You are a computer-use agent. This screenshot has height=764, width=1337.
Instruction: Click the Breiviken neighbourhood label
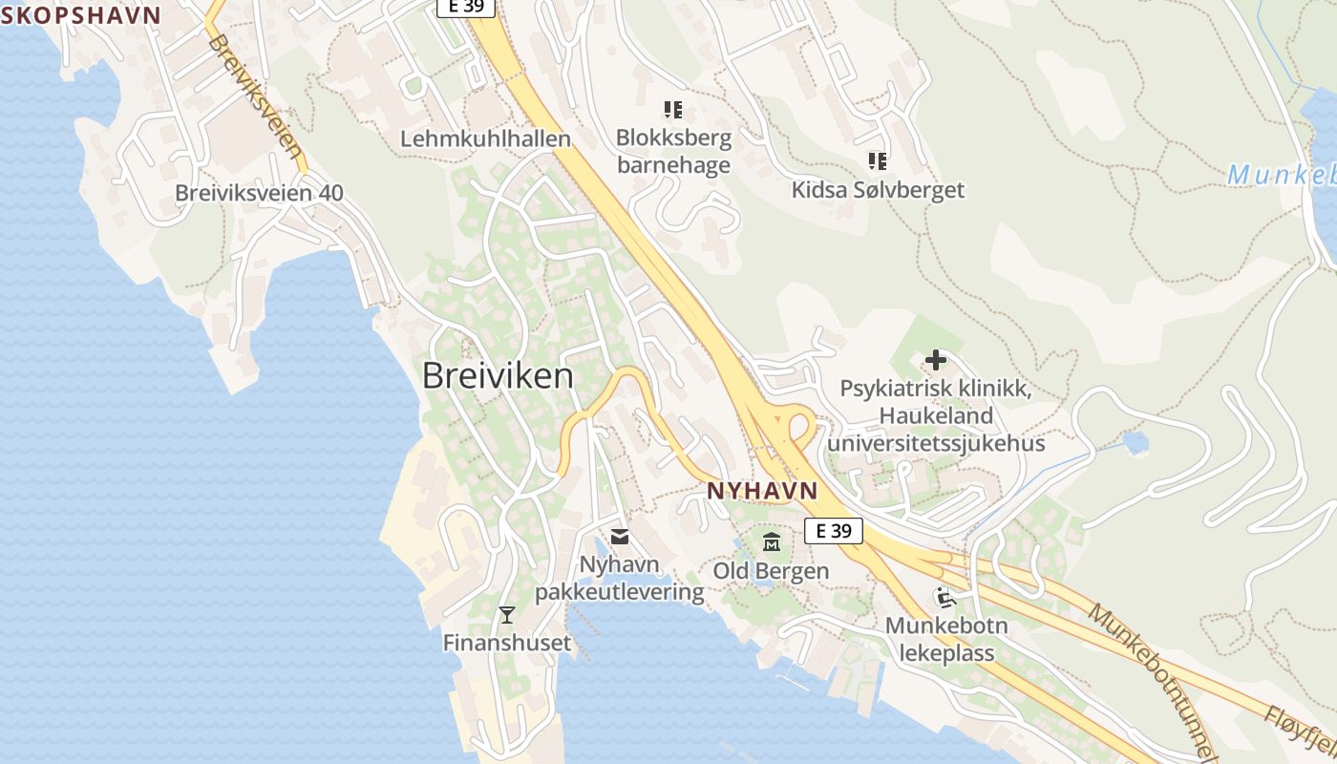coord(498,376)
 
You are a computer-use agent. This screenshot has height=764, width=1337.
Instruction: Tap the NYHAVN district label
coord(762,491)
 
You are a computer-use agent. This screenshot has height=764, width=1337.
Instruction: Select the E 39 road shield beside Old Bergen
coord(833,531)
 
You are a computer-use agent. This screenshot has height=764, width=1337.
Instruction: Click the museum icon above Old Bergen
coord(772,542)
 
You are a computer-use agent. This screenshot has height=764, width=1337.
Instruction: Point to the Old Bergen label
coord(771,570)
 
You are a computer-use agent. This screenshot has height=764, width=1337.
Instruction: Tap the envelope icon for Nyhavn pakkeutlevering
coord(620,537)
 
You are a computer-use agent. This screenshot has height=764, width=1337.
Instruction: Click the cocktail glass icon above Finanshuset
coord(507,614)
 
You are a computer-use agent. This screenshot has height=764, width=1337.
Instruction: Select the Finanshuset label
coord(507,643)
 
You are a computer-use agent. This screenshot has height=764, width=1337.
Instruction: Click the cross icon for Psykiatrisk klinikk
coord(935,360)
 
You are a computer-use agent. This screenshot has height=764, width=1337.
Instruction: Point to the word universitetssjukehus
coord(936,444)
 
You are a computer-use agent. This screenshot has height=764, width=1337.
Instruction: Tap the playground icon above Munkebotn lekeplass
coord(946,599)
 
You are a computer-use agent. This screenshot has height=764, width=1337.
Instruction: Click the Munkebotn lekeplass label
coord(946,640)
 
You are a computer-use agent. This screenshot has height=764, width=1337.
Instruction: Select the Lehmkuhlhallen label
coord(485,138)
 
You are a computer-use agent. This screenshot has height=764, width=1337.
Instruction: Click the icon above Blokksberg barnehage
coord(673,110)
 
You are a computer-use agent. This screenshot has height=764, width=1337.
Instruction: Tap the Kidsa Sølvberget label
coord(878,190)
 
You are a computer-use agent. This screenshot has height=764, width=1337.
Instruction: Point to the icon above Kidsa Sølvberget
coord(878,160)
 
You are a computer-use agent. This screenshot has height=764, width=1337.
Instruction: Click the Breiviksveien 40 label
coord(259,194)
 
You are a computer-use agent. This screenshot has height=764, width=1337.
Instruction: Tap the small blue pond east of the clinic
coord(1135,442)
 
